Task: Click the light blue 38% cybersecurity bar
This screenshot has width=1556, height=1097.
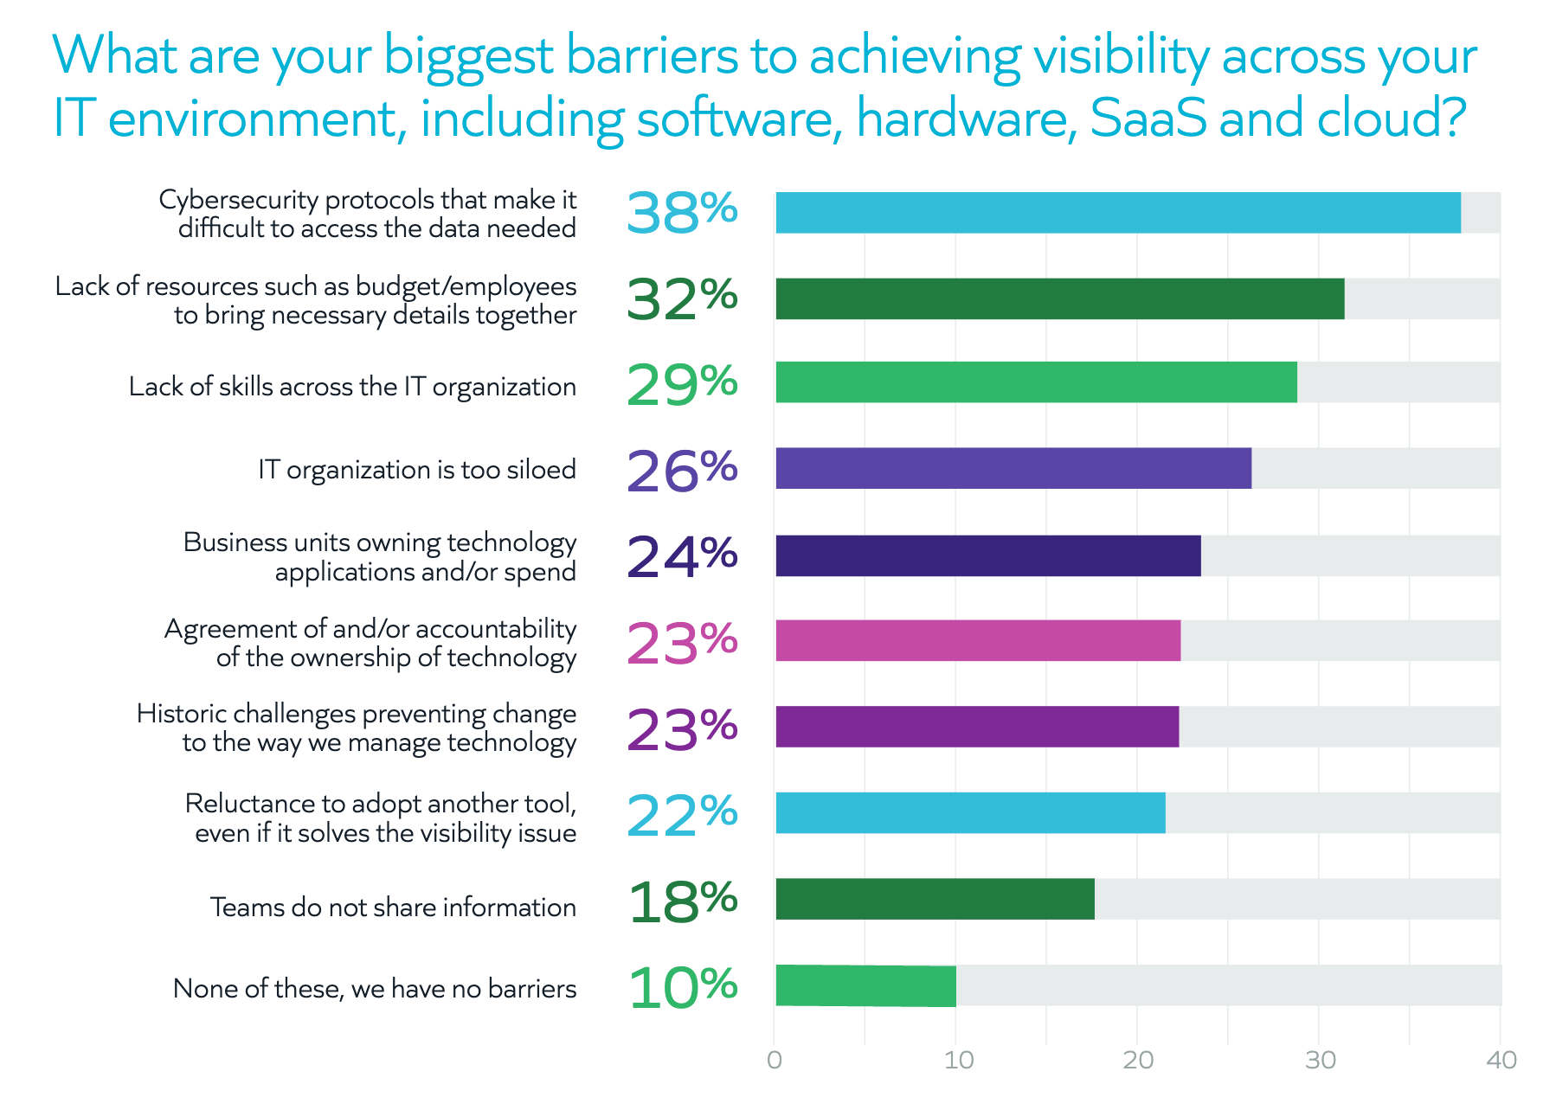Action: pyautogui.click(x=1116, y=213)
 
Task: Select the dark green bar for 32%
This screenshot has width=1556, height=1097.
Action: pyautogui.click(x=1059, y=298)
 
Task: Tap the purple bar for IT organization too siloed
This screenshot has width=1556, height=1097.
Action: pyautogui.click(x=1013, y=468)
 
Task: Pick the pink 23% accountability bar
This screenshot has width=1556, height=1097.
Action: pyautogui.click(x=978, y=640)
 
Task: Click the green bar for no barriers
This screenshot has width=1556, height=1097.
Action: pyautogui.click(x=865, y=985)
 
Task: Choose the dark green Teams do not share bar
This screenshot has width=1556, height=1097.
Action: pyautogui.click(x=935, y=899)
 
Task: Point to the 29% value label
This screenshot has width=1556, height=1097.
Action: pyautogui.click(x=682, y=383)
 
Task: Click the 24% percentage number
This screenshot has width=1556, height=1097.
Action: pyautogui.click(x=682, y=555)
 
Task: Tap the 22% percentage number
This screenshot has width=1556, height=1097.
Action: pyautogui.click(x=682, y=814)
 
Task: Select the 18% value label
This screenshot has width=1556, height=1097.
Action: pyautogui.click(x=682, y=901)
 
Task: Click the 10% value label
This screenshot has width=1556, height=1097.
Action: pyautogui.click(x=682, y=987)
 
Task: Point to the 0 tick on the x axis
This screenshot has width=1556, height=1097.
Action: pyautogui.click(x=775, y=1060)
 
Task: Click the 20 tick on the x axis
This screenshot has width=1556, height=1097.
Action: pyautogui.click(x=1137, y=1060)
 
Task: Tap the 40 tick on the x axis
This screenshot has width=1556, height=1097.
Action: pyautogui.click(x=1501, y=1060)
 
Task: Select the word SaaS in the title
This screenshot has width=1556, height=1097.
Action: pyautogui.click(x=1148, y=119)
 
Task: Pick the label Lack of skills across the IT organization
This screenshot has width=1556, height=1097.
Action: pyautogui.click(x=352, y=387)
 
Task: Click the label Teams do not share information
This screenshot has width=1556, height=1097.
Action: pyautogui.click(x=393, y=907)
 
